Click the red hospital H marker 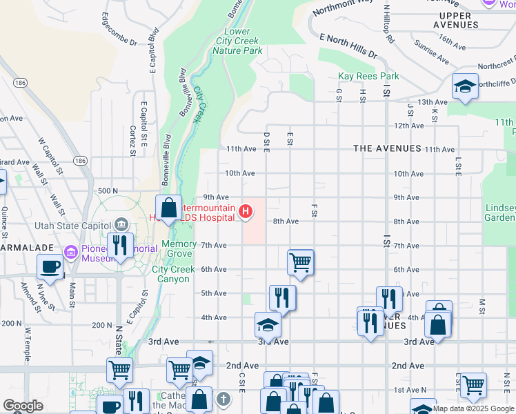tap(244, 210)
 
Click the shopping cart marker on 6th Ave tap(301, 262)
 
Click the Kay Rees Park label tap(359, 76)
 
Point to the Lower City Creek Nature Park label tap(239, 41)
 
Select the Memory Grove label tap(179, 244)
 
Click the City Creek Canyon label tap(170, 274)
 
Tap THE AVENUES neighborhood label tap(386, 148)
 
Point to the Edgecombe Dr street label tap(119, 28)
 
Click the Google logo tap(23, 406)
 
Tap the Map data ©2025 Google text tap(473, 408)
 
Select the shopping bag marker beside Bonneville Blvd tap(168, 208)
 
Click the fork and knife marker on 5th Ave tap(283, 297)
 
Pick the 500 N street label tap(108, 190)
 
